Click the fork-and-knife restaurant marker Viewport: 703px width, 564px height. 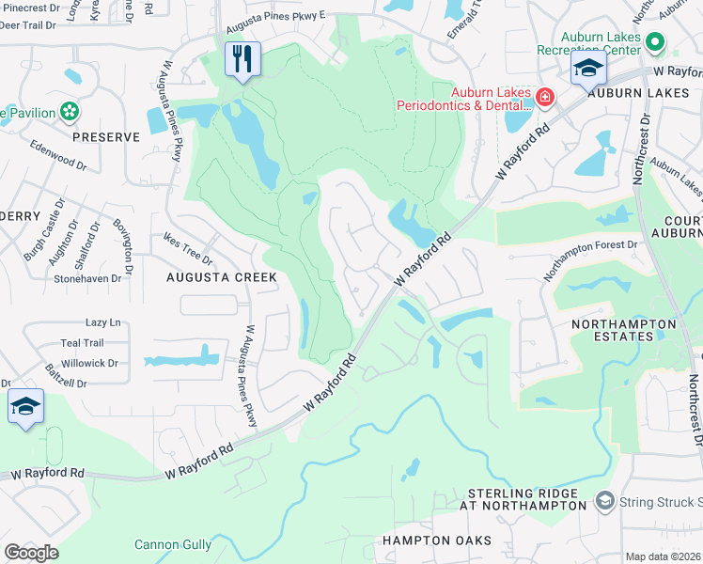click(x=242, y=60)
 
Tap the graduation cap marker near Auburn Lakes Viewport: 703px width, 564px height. click(x=588, y=68)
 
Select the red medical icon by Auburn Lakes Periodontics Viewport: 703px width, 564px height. click(x=544, y=97)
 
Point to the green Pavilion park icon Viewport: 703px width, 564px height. click(x=69, y=112)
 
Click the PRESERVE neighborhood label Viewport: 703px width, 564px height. click(x=106, y=137)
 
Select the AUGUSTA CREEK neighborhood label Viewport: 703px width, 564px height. click(x=222, y=277)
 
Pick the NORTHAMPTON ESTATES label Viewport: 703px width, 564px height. click(x=624, y=333)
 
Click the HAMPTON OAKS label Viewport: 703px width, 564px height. click(x=436, y=540)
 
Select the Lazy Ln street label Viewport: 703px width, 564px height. click(x=103, y=322)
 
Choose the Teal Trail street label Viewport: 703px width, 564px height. click(x=82, y=343)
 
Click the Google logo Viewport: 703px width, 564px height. click(x=31, y=552)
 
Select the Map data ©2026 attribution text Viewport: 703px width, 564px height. click(x=663, y=556)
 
